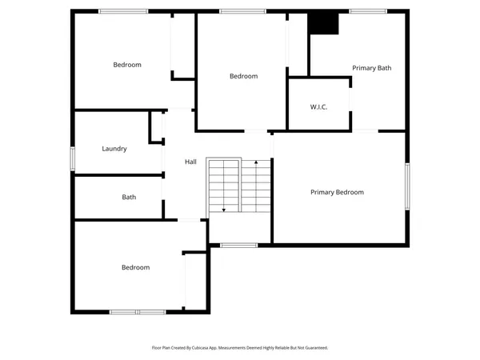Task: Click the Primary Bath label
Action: click(x=372, y=68)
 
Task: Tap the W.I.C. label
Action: click(x=318, y=107)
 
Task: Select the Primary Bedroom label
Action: click(x=337, y=192)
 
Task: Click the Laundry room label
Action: click(x=114, y=149)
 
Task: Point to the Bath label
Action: click(x=129, y=197)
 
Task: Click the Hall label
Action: click(x=190, y=162)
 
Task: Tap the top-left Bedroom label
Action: click(x=127, y=65)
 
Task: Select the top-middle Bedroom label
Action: click(x=243, y=76)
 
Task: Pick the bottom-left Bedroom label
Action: click(x=135, y=267)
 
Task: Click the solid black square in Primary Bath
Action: click(x=324, y=23)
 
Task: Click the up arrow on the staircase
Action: click(x=256, y=163)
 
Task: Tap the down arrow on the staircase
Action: click(x=224, y=209)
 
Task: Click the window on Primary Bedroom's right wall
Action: click(x=406, y=186)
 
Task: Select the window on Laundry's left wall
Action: click(x=73, y=158)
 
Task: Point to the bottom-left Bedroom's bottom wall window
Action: click(x=137, y=311)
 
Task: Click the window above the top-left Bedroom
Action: click(x=123, y=11)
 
